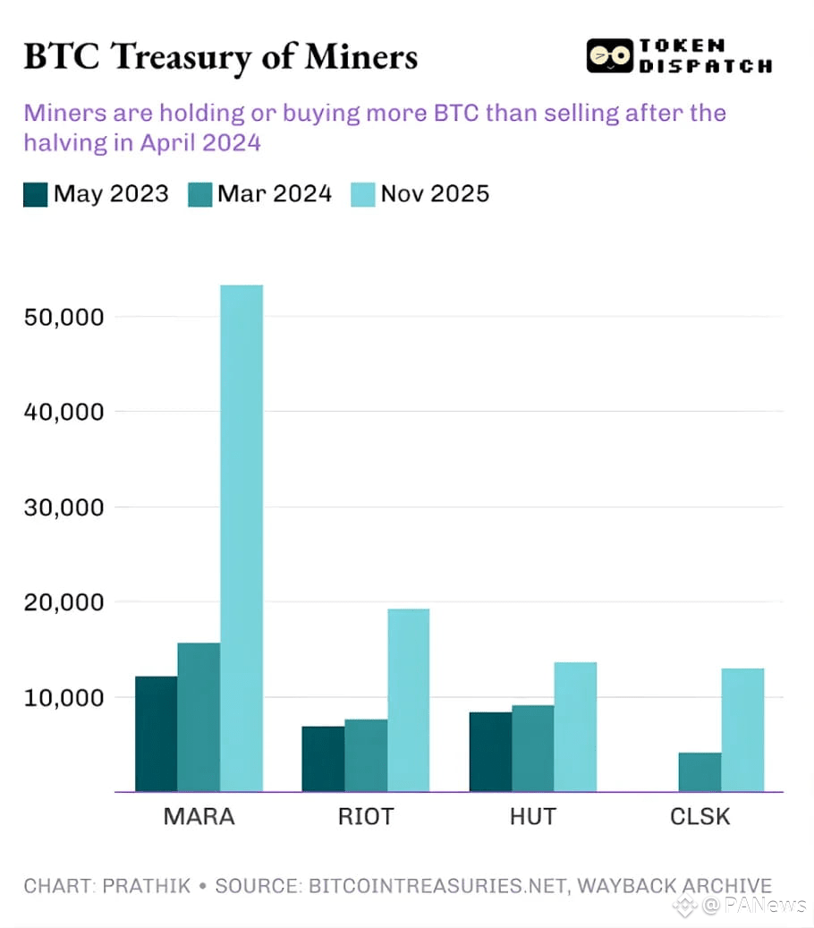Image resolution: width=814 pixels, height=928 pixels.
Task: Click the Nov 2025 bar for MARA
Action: point(242,538)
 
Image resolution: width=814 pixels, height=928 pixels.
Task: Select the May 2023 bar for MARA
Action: point(156,734)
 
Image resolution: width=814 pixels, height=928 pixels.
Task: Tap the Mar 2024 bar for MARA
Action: point(199,717)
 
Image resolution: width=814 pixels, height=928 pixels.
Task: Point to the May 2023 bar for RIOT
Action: point(323,759)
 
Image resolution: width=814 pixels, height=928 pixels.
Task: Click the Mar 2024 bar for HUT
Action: point(533,748)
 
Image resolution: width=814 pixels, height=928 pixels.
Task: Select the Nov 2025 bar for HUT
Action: point(575,727)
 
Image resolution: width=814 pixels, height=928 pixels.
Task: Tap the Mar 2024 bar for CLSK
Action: point(700,771)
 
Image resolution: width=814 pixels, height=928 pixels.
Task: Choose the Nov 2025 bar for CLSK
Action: point(742,729)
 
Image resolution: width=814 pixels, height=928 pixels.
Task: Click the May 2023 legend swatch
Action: point(35,194)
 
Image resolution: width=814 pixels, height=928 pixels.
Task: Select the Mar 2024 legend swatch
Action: point(200,194)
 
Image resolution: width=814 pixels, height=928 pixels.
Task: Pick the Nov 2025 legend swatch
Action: point(362,194)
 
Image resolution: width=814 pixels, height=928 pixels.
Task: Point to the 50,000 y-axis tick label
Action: point(63,317)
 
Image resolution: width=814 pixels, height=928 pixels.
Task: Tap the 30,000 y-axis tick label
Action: point(63,507)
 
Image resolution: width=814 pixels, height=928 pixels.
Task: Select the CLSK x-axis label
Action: point(700,816)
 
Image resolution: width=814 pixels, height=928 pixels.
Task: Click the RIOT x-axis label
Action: point(366,816)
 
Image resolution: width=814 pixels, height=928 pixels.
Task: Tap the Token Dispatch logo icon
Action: point(609,55)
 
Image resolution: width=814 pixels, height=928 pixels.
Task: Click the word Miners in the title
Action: point(360,56)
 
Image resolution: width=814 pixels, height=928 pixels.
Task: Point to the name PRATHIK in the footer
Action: point(147,886)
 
